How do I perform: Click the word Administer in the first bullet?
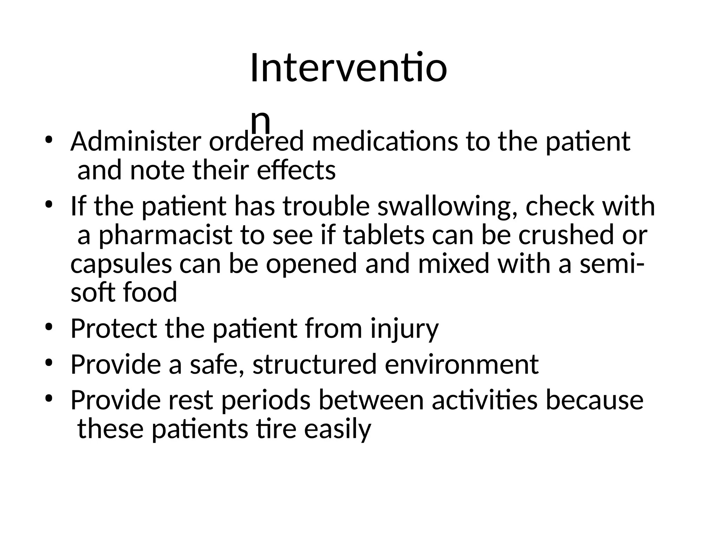pyautogui.click(x=136, y=142)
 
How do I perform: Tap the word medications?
pyautogui.click(x=385, y=142)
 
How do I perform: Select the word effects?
pyautogui.click(x=296, y=171)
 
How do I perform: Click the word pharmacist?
pyautogui.click(x=165, y=235)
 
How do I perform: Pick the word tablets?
pyautogui.click(x=384, y=235)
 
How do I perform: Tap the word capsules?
pyautogui.click(x=121, y=264)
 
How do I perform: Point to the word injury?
pyautogui.click(x=404, y=329)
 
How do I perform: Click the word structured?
pyautogui.click(x=315, y=365)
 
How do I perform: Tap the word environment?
pyautogui.click(x=462, y=365)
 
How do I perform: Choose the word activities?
pyautogui.click(x=484, y=400)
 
